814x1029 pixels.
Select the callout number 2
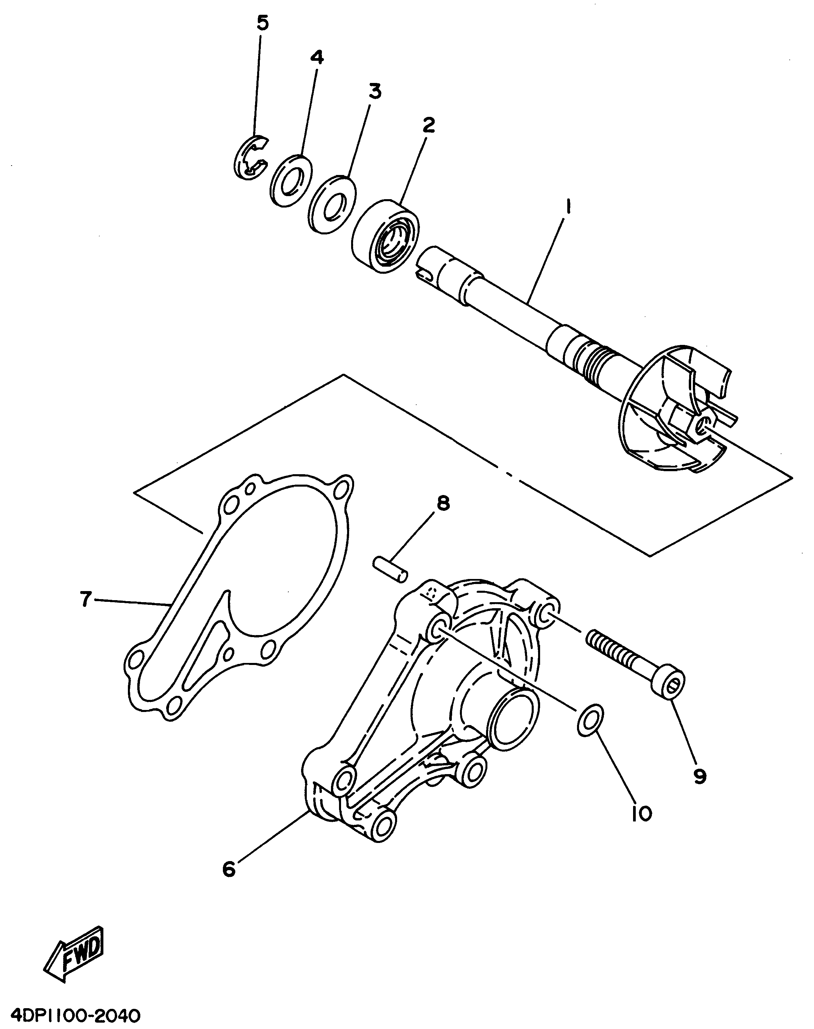tap(428, 125)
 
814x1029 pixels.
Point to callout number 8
tap(443, 503)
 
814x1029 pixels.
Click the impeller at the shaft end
tap(677, 410)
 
